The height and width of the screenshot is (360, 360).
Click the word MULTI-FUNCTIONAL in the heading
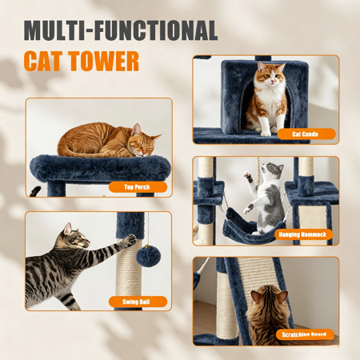[121, 30]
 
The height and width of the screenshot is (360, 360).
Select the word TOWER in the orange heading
[104, 62]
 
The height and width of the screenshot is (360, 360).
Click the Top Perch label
[138, 187]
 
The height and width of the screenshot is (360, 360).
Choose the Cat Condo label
[306, 134]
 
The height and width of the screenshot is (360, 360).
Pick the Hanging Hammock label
[303, 234]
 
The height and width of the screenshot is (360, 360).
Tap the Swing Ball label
[138, 302]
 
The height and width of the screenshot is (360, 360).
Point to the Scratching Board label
[305, 334]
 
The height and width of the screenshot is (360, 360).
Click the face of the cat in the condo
[270, 74]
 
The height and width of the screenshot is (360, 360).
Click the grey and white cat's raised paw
[248, 176]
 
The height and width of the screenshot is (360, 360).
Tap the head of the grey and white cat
[272, 170]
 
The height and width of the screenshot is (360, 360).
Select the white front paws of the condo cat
[270, 131]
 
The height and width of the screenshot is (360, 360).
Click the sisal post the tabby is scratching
[129, 266]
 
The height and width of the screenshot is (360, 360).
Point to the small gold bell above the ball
[147, 247]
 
